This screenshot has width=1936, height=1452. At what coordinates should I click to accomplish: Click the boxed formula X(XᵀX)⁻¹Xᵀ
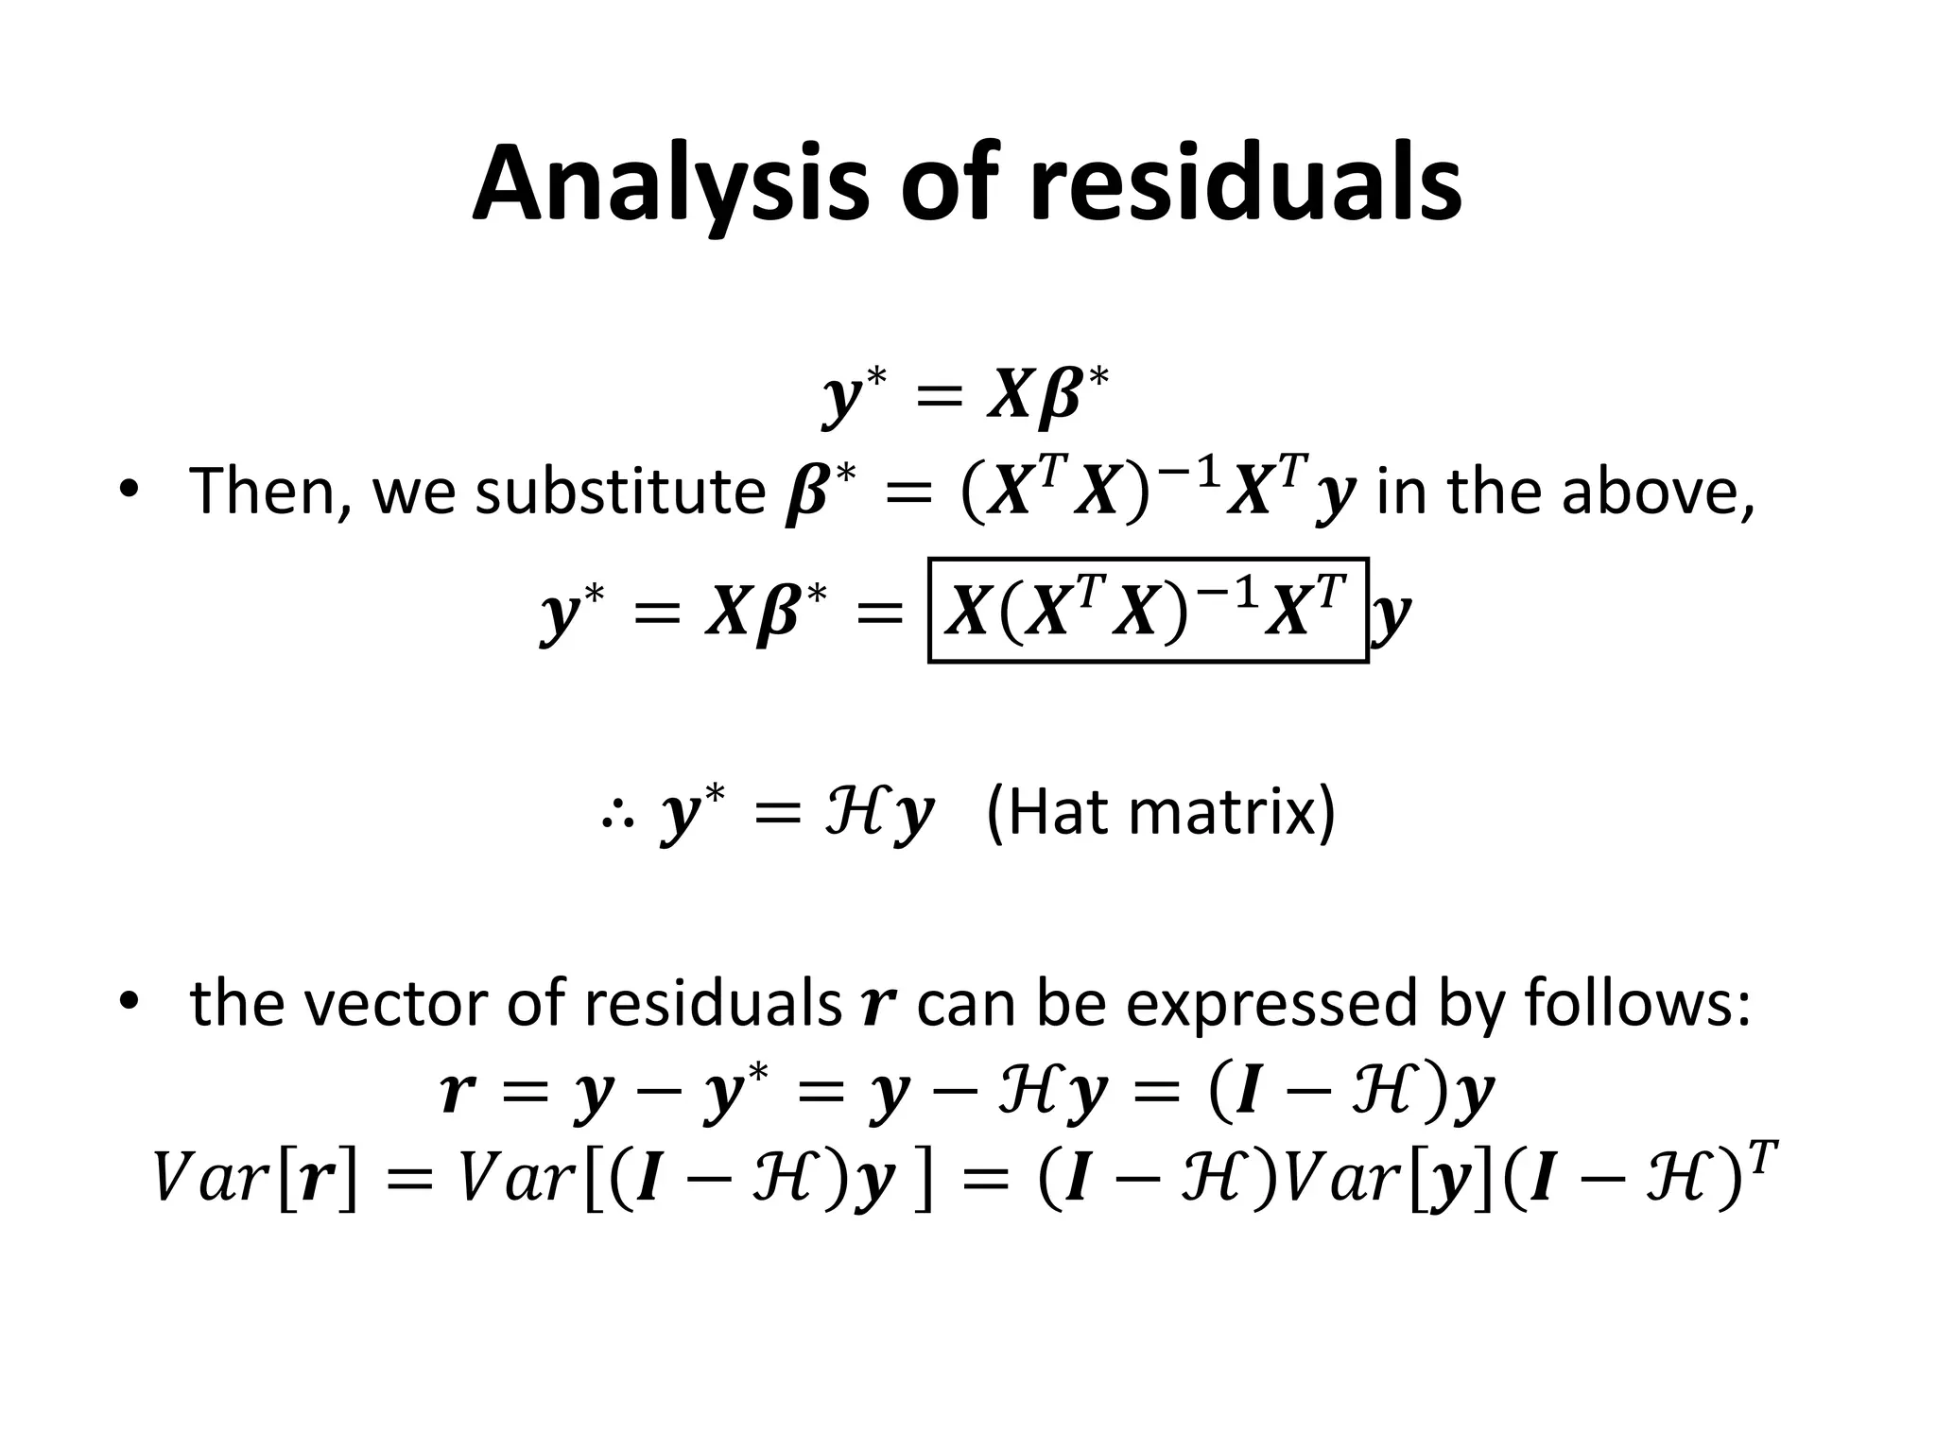coord(1148,611)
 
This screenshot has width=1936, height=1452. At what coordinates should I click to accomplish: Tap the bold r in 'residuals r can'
coord(878,1006)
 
